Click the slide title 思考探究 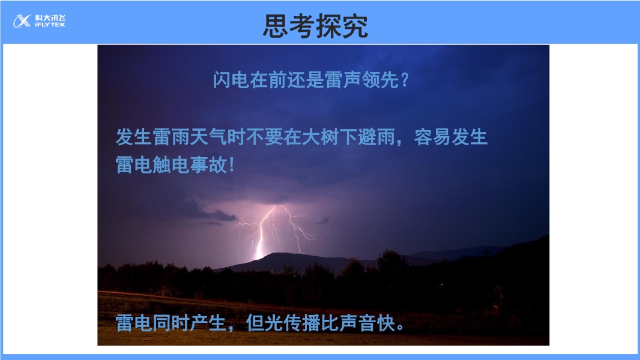coord(316,26)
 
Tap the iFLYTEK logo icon coord(22,21)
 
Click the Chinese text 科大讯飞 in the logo coord(50,18)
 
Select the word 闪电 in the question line coord(231,80)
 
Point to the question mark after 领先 coord(405,80)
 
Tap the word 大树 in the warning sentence coord(320,137)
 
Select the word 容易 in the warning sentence coord(432,137)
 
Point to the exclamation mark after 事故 coord(232,165)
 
